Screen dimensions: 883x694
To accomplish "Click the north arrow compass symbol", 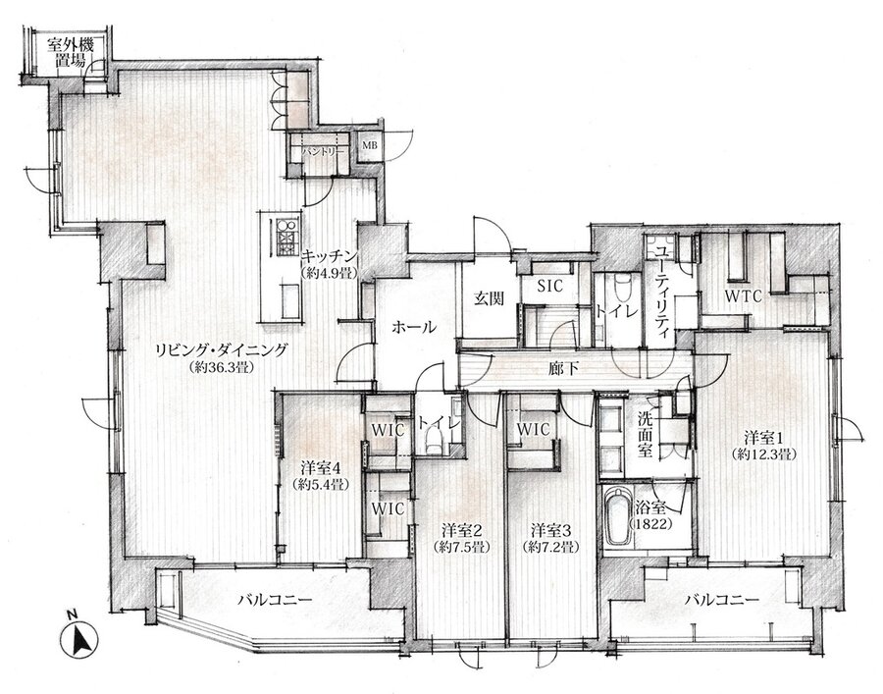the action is click(78, 639).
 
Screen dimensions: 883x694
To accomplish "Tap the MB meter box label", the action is click(370, 145).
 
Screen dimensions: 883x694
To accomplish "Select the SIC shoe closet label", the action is click(549, 287).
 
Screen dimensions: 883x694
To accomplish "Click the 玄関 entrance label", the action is click(489, 299).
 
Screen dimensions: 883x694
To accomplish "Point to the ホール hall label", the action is click(413, 327).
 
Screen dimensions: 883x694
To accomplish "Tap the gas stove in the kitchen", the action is click(287, 236).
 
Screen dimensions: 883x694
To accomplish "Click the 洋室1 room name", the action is click(764, 437).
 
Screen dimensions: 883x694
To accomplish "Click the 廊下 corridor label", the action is click(564, 369).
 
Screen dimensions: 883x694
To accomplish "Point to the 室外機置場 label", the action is click(71, 52).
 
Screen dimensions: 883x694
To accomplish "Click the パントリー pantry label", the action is click(323, 151).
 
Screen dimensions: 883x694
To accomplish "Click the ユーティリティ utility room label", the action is click(663, 289).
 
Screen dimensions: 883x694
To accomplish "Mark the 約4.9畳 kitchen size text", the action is click(330, 274).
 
